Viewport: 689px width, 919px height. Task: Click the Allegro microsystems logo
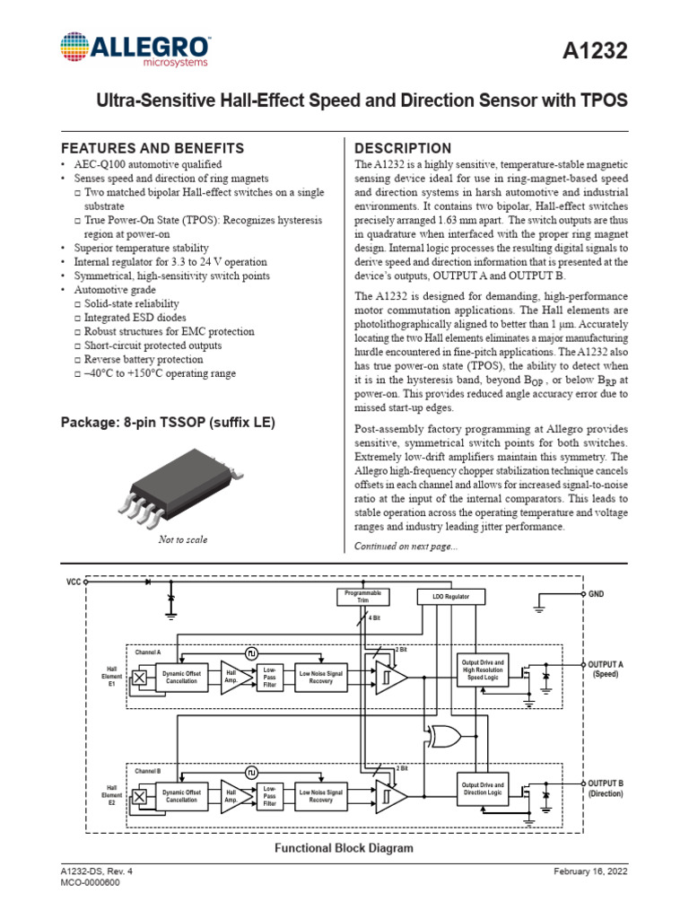click(x=135, y=50)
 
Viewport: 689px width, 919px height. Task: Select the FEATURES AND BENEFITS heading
click(x=152, y=148)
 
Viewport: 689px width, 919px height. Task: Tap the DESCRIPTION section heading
click(x=403, y=148)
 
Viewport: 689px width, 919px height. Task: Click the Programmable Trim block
click(x=363, y=597)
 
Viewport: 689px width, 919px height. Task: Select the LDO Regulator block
click(x=452, y=597)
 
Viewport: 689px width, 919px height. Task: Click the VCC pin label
click(x=74, y=582)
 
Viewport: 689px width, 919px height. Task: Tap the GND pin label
click(x=597, y=594)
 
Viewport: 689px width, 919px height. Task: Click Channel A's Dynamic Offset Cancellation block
click(x=182, y=678)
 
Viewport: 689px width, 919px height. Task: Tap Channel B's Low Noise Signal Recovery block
click(x=321, y=795)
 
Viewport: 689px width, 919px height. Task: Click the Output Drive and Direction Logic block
click(x=483, y=789)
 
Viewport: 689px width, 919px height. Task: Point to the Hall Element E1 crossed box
click(x=139, y=678)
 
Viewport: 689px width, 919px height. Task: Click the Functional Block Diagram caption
click(x=344, y=847)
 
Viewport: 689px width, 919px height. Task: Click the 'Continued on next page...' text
click(x=406, y=546)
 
